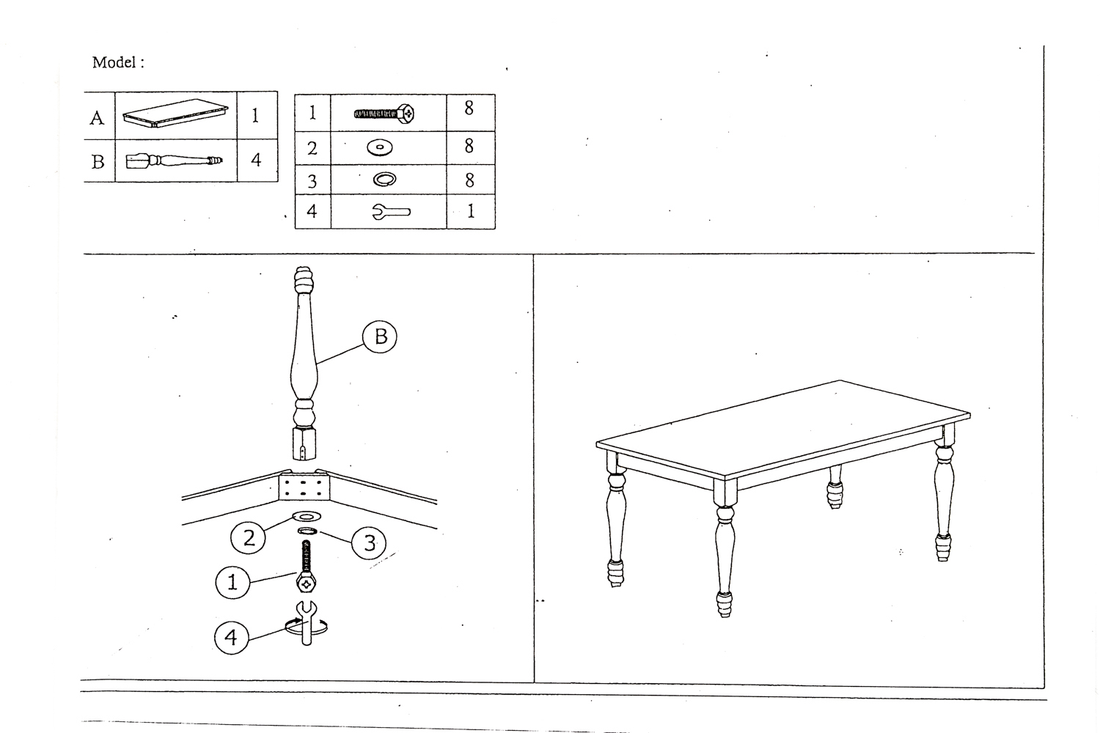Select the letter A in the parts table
click(x=97, y=118)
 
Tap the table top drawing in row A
click(x=175, y=114)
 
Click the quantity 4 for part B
click(x=256, y=160)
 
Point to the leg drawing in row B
click(x=175, y=161)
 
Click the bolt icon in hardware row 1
click(x=384, y=114)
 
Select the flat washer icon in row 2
click(x=380, y=147)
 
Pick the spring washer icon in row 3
click(x=384, y=179)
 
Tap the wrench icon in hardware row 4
click(x=392, y=212)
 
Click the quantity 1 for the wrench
click(x=471, y=211)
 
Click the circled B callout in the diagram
click(x=380, y=336)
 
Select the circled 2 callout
click(x=248, y=537)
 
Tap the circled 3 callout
click(x=369, y=542)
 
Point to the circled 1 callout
click(x=232, y=582)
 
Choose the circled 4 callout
click(x=231, y=637)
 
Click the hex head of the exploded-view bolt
click(x=306, y=584)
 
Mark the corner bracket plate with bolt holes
click(x=304, y=487)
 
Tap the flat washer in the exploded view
click(x=307, y=516)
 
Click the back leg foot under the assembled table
click(x=835, y=495)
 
